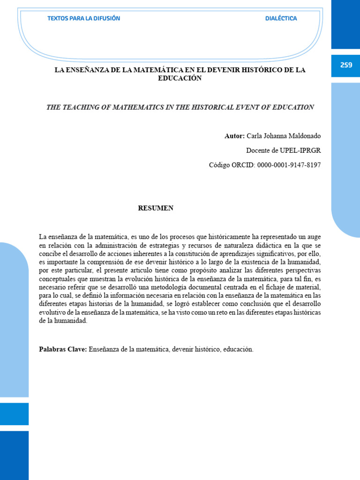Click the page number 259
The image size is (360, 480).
click(346, 65)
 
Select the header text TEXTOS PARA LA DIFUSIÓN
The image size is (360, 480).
click(84, 19)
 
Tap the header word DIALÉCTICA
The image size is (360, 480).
click(281, 19)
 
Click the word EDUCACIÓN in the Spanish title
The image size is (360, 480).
click(180, 78)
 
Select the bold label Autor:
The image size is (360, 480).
click(234, 136)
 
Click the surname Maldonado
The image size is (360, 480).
click(303, 136)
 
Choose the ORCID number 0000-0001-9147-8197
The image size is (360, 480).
click(289, 165)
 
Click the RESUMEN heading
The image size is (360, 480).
click(156, 208)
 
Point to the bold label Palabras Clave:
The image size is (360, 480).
click(63, 349)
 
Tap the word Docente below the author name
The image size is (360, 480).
click(258, 150)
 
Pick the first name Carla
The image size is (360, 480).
click(255, 136)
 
